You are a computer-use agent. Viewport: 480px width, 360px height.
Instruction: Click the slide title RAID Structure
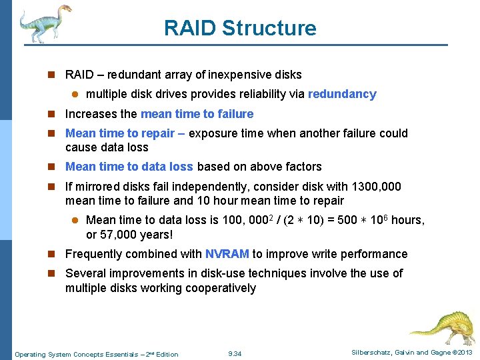pyautogui.click(x=240, y=28)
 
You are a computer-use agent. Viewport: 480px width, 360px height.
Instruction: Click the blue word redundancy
pyautogui.click(x=342, y=94)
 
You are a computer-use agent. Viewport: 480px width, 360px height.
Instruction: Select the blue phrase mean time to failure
pyautogui.click(x=197, y=114)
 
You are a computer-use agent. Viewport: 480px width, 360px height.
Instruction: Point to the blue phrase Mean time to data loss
pyautogui.click(x=129, y=167)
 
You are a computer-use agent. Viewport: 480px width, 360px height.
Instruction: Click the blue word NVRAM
pyautogui.click(x=227, y=254)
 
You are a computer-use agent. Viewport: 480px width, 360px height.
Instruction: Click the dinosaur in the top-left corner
pyautogui.click(x=43, y=23)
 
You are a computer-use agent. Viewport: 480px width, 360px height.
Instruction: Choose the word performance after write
pyautogui.click(x=374, y=254)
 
